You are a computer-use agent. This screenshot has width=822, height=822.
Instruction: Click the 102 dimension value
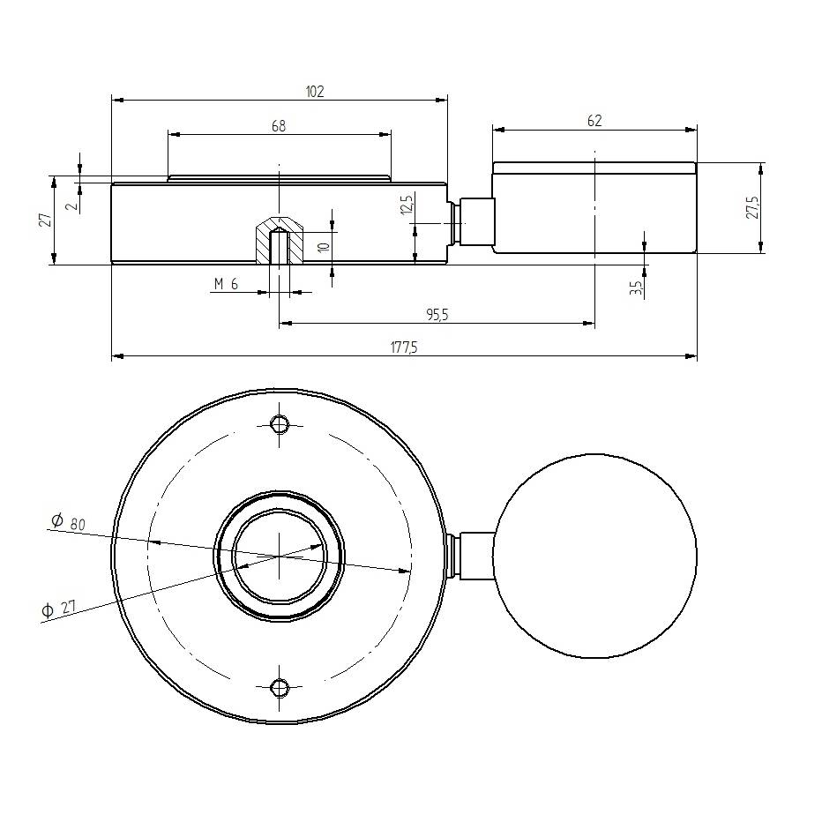coord(315,91)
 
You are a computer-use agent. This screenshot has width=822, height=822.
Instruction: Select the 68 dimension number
coord(278,126)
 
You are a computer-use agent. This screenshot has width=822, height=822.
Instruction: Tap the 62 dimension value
coord(594,121)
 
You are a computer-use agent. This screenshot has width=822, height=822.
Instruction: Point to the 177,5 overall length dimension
coord(403,347)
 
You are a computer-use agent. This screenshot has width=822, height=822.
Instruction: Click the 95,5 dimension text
coord(436,314)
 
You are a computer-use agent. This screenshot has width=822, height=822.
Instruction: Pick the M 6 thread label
coord(226,284)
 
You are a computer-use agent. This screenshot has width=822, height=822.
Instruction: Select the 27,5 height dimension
coord(751,208)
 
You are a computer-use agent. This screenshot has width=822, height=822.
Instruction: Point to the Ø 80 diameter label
coord(68,523)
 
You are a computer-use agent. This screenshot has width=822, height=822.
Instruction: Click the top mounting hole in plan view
coord(280,424)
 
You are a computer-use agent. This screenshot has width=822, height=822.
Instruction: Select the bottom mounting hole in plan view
coord(280,687)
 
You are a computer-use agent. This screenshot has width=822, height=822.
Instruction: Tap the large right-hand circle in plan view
coord(594,556)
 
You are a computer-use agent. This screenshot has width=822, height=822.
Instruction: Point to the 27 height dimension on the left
coord(42,220)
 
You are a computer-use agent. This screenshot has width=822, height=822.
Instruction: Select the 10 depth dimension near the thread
coord(323,247)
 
